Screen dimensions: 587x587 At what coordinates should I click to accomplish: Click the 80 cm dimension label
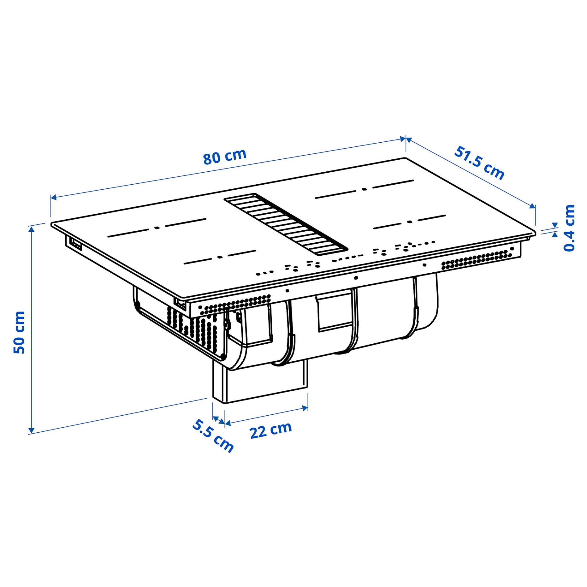tap(224, 156)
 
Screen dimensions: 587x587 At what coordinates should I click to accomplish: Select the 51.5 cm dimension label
tap(479, 163)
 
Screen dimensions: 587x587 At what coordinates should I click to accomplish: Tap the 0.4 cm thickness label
tap(569, 228)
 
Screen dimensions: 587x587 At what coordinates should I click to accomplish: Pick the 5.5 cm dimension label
tap(213, 436)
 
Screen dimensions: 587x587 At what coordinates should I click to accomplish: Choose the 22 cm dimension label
tap(270, 430)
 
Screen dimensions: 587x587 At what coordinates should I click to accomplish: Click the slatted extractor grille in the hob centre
tap(286, 224)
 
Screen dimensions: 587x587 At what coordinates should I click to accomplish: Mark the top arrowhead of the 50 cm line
tap(32, 229)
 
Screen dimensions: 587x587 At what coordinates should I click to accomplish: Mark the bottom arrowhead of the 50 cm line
tap(32, 431)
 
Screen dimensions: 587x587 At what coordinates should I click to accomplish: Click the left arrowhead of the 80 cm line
tap(54, 198)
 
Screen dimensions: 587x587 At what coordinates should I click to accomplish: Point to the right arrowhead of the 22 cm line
tap(305, 408)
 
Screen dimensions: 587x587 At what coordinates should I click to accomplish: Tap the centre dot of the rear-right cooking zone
tap(364, 189)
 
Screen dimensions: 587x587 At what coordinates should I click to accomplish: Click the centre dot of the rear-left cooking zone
tap(157, 228)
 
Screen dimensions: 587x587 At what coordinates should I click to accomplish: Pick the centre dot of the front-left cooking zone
tap(220, 257)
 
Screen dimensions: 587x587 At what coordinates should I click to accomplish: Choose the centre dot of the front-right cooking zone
tap(409, 222)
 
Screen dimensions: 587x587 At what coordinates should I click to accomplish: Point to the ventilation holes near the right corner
tap(477, 259)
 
